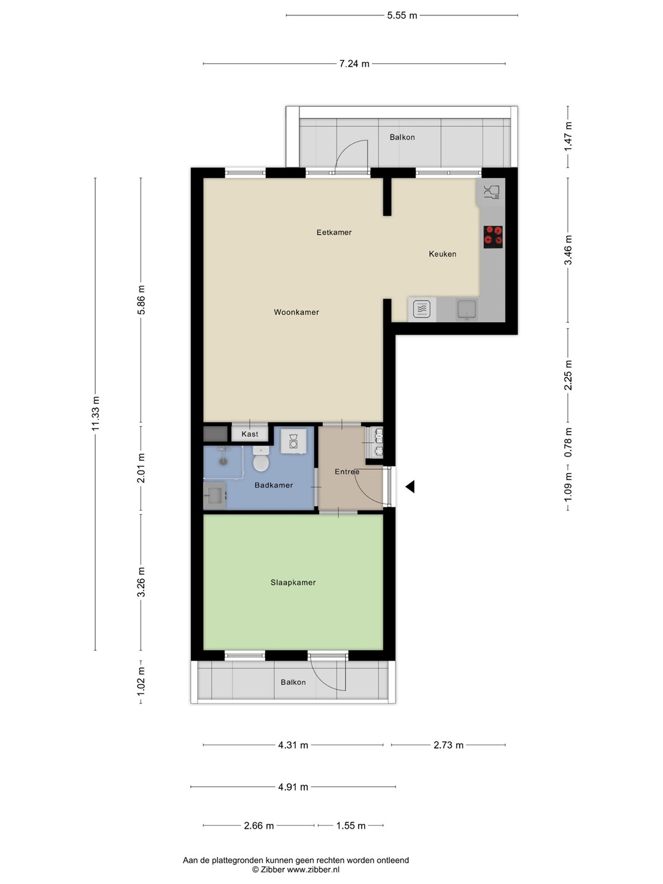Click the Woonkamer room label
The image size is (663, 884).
(297, 312)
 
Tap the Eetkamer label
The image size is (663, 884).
(334, 233)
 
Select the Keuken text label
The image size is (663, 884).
(443, 254)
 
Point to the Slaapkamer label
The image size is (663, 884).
(293, 583)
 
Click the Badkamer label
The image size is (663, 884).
(274, 486)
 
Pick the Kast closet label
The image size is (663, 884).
(250, 434)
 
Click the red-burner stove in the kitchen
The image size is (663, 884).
(493, 236)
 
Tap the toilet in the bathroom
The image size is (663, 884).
(261, 459)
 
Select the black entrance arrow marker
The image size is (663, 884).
(410, 486)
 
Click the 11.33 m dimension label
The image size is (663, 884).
(95, 413)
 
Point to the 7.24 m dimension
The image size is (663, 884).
(354, 64)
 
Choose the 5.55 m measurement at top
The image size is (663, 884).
(402, 15)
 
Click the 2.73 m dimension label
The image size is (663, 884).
(448, 745)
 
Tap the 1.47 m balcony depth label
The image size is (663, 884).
(568, 136)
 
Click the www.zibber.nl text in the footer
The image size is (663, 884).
(313, 869)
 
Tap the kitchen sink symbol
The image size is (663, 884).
(467, 309)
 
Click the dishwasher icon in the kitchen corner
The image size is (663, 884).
(491, 192)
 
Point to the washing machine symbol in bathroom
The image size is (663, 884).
(294, 441)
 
